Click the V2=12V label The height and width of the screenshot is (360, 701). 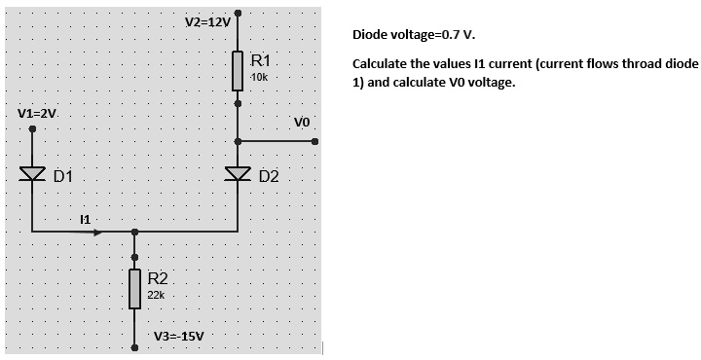click(x=207, y=21)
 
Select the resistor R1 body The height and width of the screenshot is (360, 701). click(x=238, y=70)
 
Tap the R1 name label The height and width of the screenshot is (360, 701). click(x=261, y=60)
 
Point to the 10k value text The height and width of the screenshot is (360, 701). click(x=260, y=76)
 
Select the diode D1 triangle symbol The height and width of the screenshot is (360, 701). click(x=32, y=175)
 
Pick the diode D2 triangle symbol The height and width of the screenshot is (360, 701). click(x=238, y=175)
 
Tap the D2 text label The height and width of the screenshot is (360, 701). click(x=269, y=177)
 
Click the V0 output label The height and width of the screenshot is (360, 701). click(x=301, y=123)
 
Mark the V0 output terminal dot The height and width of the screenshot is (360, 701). click(x=315, y=141)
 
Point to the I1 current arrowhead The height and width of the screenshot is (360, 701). click(x=96, y=232)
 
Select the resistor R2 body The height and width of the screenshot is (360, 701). click(x=134, y=288)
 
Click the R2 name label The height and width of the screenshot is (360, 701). click(x=158, y=278)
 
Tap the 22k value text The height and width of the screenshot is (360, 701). click(x=157, y=294)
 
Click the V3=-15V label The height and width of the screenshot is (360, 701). click(x=179, y=337)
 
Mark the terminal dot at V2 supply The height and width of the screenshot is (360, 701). click(x=238, y=15)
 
